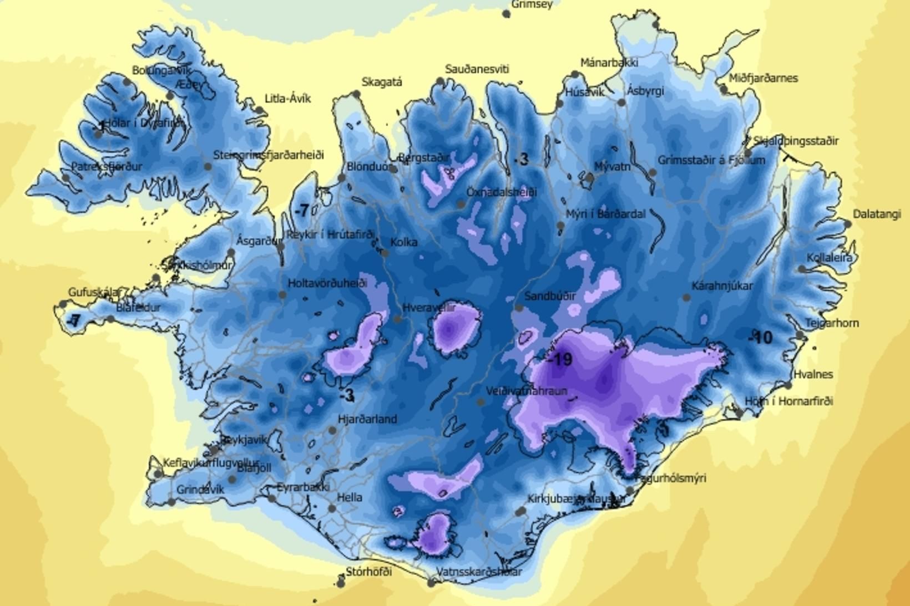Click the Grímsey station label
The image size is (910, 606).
tap(532, 4)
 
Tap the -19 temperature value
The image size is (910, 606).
tap(560, 360)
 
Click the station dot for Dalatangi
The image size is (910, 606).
tap(847, 224)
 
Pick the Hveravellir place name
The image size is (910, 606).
tap(429, 308)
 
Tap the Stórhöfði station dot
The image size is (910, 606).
tap(341, 583)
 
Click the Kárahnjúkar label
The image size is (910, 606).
tap(722, 286)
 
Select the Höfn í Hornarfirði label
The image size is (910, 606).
tap(788, 401)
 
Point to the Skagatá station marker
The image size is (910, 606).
tap(356, 94)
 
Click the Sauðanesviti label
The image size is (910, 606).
tap(477, 69)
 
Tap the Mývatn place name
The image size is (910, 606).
tap(612, 166)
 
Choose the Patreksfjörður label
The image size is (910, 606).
tap(107, 166)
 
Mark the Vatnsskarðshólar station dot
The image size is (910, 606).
tap(431, 583)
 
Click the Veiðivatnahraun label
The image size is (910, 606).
tap(526, 391)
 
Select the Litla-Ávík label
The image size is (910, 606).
tap(287, 99)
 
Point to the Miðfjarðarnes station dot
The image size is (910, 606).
tap(724, 89)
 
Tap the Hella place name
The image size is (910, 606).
tap(350, 497)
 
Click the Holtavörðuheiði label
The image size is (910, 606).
tap(327, 283)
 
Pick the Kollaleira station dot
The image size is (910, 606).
tap(802, 269)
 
